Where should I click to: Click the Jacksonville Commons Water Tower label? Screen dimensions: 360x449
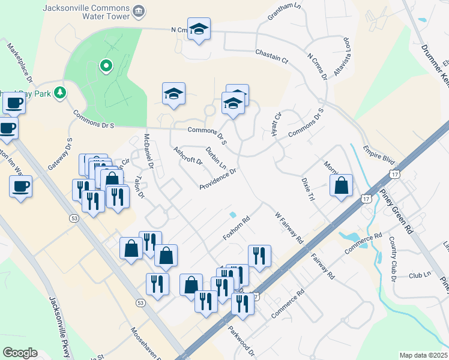pyautogui.click(x=86, y=12)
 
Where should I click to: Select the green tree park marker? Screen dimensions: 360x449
pyautogui.click(x=59, y=92)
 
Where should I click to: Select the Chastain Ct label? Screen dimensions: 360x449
pyautogui.click(x=271, y=57)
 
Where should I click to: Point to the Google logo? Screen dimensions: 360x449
pyautogui.click(x=20, y=353)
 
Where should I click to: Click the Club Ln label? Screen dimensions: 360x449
pyautogui.click(x=420, y=275)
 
